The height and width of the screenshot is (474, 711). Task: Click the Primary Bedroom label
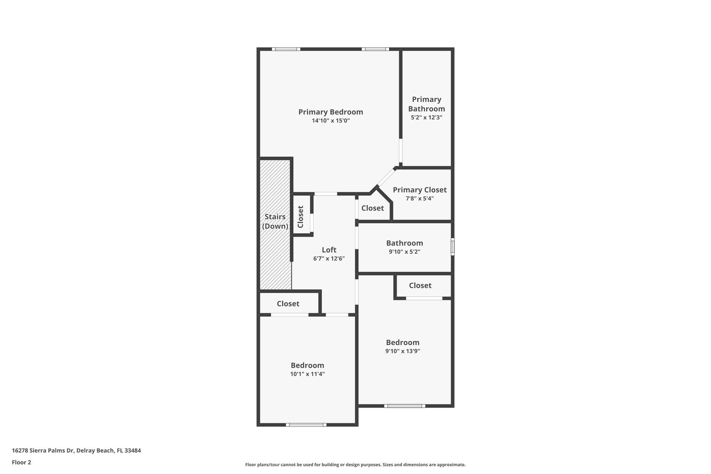331,112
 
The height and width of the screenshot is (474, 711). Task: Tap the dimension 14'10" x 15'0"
331,121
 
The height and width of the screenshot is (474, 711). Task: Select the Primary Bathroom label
426,104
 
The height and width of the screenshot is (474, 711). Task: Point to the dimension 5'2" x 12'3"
426,117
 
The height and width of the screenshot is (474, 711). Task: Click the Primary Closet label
419,190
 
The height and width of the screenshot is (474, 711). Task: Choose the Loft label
329,250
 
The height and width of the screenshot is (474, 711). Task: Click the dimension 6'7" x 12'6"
329,258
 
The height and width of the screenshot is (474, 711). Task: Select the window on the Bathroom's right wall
452,247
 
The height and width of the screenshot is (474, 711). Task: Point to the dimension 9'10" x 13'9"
402,351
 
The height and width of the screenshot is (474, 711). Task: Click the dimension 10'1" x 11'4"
307,374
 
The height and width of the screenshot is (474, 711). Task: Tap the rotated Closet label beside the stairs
301,217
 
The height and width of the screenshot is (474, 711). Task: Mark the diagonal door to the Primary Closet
386,177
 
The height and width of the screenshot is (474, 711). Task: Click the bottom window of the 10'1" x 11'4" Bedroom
306,424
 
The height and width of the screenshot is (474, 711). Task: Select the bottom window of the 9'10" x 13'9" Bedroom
404,406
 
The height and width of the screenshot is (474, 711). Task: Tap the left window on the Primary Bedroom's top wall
286,49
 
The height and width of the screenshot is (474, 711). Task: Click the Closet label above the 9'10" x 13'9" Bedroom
420,285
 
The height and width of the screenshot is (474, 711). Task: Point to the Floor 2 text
22,462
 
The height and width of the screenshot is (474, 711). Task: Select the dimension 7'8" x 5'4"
419,199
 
